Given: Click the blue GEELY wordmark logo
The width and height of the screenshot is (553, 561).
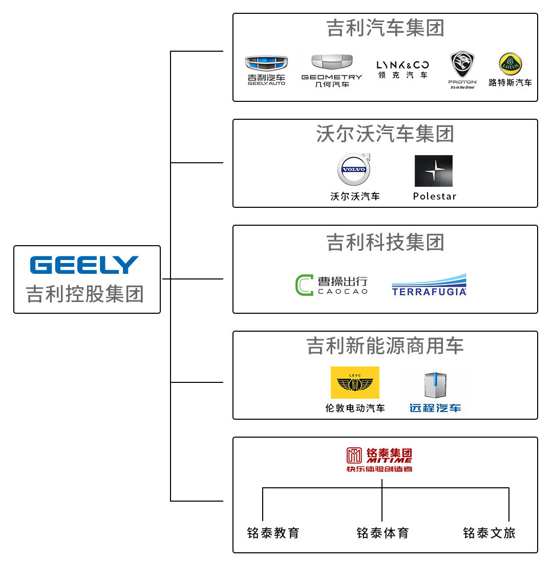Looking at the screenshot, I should click(x=84, y=265).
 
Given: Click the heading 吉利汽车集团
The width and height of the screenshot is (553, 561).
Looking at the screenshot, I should click(x=385, y=28).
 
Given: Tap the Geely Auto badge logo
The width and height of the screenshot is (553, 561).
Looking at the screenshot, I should click(x=266, y=63).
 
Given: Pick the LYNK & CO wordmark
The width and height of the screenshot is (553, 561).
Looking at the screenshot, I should click(x=402, y=65).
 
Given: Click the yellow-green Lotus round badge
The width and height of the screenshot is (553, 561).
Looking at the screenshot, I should click(x=511, y=64).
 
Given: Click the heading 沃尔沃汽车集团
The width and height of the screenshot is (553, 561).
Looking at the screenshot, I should click(x=385, y=134).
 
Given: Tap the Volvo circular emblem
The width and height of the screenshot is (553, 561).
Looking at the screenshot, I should click(x=354, y=169).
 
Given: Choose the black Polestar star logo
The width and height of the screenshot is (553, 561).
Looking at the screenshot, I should click(x=433, y=171).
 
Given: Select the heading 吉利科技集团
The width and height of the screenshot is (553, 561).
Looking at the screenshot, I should click(x=385, y=242).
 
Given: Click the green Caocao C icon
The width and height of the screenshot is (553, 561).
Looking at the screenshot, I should click(x=304, y=285).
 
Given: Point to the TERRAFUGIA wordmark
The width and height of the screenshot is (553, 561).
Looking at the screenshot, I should click(x=429, y=291).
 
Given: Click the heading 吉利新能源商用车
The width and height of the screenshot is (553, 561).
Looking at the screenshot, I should click(x=385, y=346).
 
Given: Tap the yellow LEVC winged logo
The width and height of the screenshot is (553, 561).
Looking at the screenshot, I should click(x=355, y=382).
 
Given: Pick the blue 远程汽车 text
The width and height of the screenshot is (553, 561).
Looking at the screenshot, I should click(x=435, y=408).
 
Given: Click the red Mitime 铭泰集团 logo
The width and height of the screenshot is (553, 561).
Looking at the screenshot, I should click(x=379, y=460).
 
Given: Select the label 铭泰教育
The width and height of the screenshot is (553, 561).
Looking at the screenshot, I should click(x=273, y=533).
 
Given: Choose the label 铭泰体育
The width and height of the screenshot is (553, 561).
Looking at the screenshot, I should click(x=382, y=533).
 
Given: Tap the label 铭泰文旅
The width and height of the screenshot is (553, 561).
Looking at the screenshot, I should click(x=489, y=533).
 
